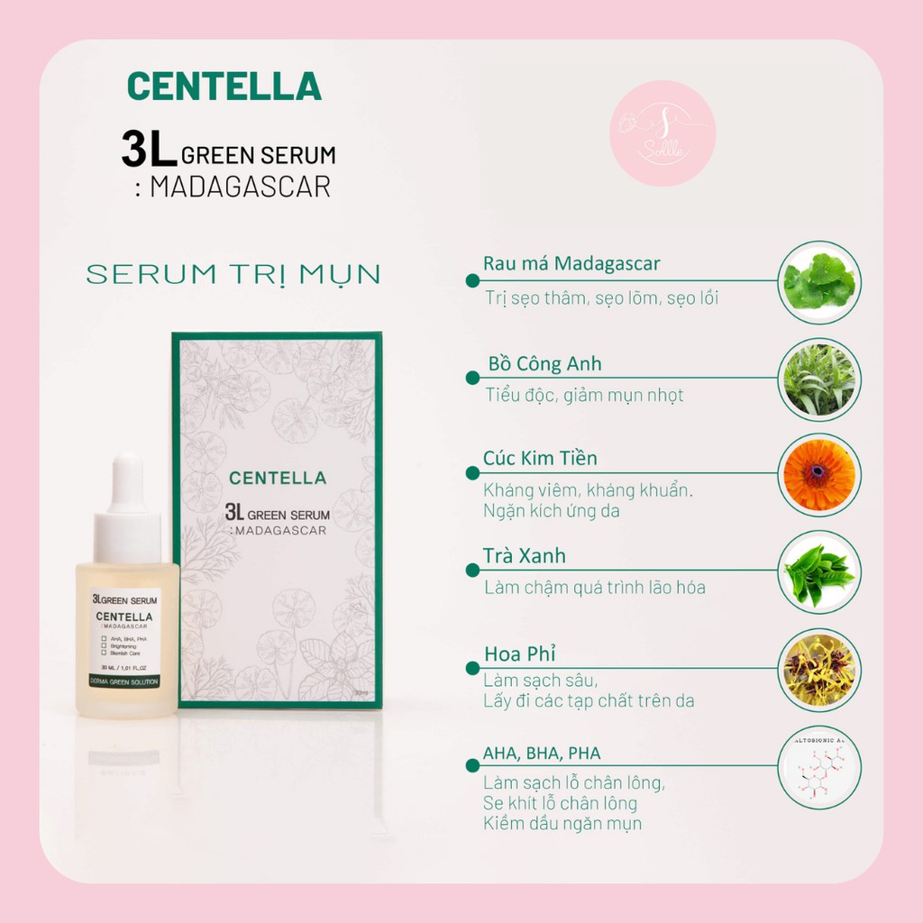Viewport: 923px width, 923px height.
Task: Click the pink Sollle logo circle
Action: coord(663,133)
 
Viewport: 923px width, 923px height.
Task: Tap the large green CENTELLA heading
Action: coord(224,86)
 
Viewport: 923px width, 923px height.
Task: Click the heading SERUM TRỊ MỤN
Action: coord(233,275)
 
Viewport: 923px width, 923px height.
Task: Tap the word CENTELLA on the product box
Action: coord(278,478)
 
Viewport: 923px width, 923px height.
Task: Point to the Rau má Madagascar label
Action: coord(571,264)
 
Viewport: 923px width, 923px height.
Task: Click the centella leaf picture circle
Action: coord(818,280)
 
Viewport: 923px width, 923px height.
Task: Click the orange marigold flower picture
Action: coord(818,474)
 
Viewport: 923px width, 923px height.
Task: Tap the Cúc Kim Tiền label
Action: coord(540,459)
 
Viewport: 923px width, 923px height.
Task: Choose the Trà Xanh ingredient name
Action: coord(525,555)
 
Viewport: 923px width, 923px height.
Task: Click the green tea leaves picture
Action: coord(818,572)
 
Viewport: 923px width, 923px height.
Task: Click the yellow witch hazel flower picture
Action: coord(818,670)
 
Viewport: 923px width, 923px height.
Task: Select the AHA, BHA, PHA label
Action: coord(542,754)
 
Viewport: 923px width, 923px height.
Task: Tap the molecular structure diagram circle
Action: coord(818,768)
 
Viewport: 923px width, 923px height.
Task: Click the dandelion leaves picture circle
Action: coord(818,379)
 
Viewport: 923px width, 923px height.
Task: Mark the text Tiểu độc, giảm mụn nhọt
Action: coord(584,395)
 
